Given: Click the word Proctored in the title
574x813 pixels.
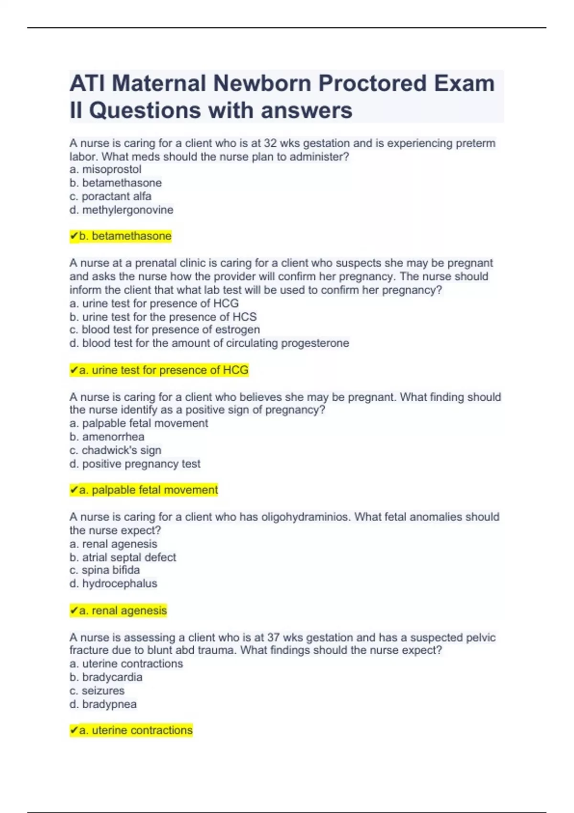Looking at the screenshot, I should pos(372,84).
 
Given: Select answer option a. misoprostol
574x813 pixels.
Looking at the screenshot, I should pos(106,169).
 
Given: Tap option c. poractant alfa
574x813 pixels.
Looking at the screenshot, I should pos(110,196).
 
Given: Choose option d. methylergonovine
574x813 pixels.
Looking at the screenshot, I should pos(121,209).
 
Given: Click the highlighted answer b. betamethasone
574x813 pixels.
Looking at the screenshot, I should pos(121,236).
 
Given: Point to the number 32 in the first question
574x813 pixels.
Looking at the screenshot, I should pos(270,143).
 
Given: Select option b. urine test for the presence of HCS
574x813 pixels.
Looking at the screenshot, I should pos(163,317).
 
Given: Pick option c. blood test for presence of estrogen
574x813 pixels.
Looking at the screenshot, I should pos(165,330).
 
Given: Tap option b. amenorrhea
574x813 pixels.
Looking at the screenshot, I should pos(107,437).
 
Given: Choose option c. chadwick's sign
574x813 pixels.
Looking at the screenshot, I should pos(115,450).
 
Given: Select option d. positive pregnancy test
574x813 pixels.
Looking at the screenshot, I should pos(135,463).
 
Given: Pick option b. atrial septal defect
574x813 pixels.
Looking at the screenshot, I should pos(123,557).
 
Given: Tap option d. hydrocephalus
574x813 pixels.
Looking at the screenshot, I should pos(113,583).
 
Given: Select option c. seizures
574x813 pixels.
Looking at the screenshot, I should pos(97,691).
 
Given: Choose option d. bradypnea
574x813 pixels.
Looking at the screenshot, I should pos(103,704).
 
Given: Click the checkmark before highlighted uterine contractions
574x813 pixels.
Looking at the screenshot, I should pos(74,730).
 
